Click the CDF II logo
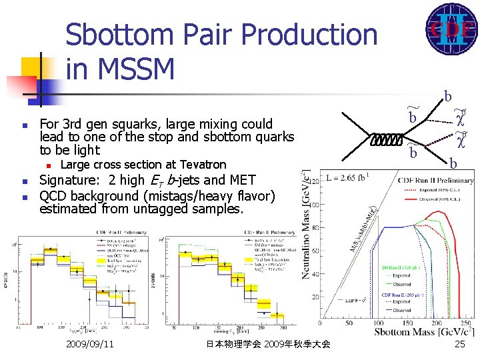coord(451,29)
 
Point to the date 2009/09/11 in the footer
coord(90,344)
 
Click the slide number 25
coord(459,344)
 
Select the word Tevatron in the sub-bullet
coord(200,165)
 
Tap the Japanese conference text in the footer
coord(268,344)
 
